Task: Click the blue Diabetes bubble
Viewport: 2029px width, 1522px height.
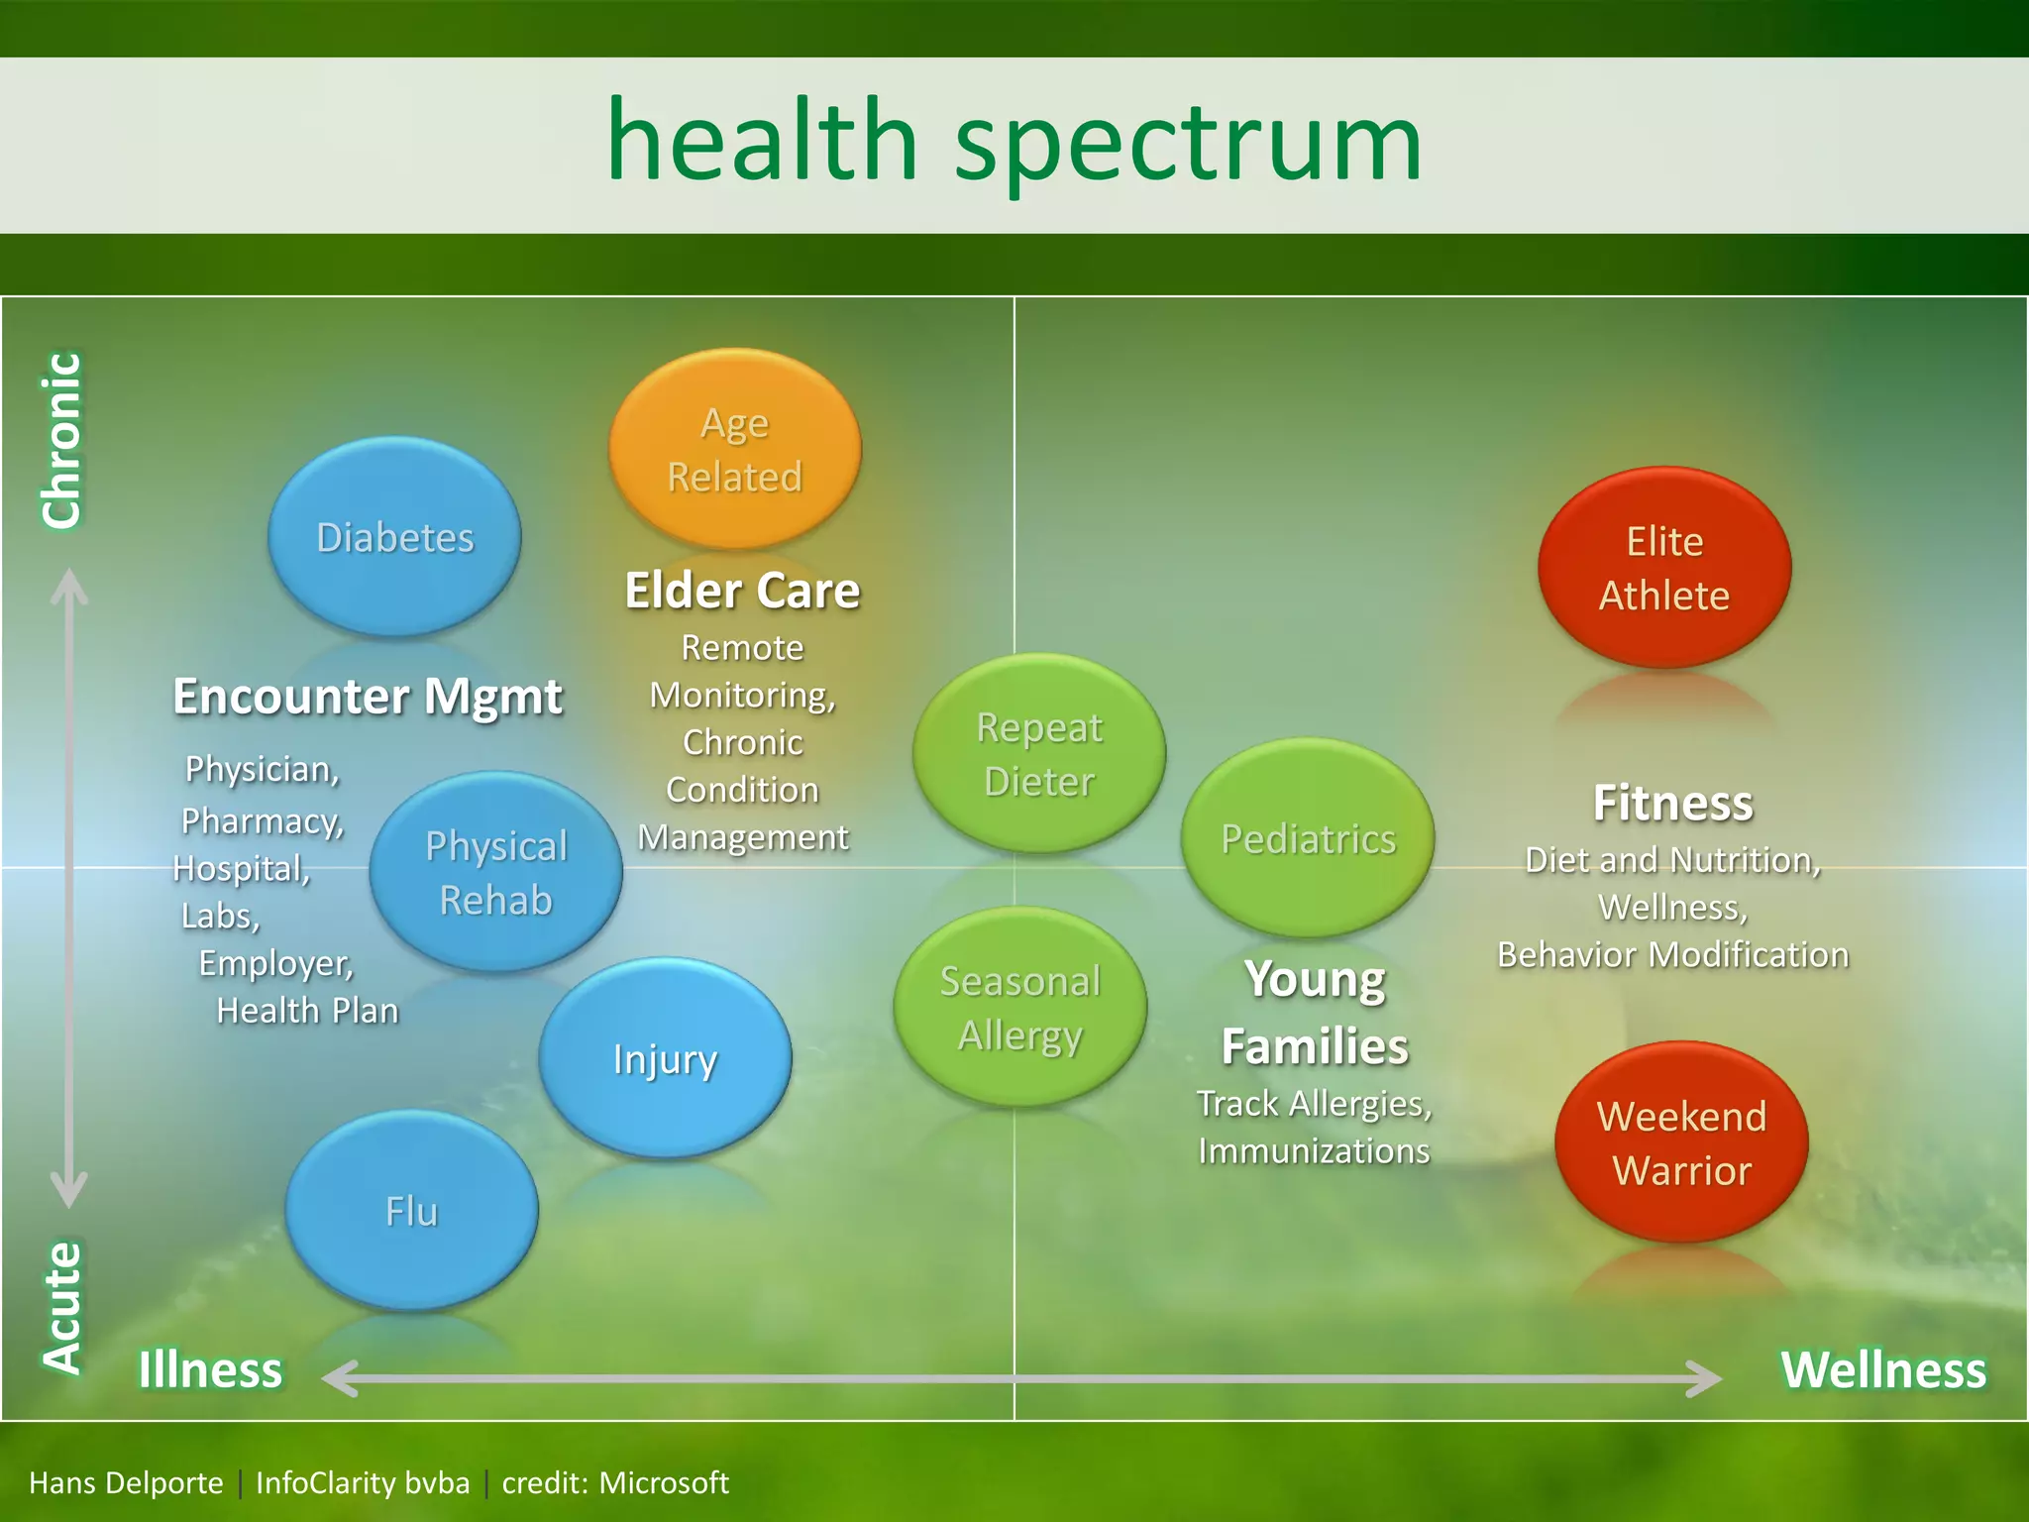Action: pyautogui.click(x=394, y=536)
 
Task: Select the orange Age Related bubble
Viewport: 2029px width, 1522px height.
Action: pyautogui.click(x=734, y=449)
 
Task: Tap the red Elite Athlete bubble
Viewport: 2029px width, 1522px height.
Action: pyautogui.click(x=1664, y=568)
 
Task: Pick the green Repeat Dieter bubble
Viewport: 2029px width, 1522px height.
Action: pyautogui.click(x=1038, y=753)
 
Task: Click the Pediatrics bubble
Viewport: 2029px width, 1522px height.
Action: pyautogui.click(x=1308, y=838)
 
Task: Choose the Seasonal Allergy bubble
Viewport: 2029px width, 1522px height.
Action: pyautogui.click(x=1020, y=1007)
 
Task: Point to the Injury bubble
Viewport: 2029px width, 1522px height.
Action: pyautogui.click(x=665, y=1058)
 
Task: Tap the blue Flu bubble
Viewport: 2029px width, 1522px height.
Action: pyautogui.click(x=411, y=1211)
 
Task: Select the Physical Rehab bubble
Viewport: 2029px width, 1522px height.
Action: pyautogui.click(x=495, y=872)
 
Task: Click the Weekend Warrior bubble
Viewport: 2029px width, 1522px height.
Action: pyautogui.click(x=1681, y=1142)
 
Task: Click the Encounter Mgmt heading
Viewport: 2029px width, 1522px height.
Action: pyautogui.click(x=368, y=696)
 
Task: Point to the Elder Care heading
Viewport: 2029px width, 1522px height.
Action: pyautogui.click(x=742, y=591)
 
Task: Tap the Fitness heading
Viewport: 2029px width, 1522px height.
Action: pyautogui.click(x=1672, y=803)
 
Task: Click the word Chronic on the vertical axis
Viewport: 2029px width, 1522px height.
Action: pyautogui.click(x=61, y=440)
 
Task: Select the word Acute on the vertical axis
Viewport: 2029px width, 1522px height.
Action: pyautogui.click(x=61, y=1307)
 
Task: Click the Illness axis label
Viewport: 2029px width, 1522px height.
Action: pyautogui.click(x=210, y=1369)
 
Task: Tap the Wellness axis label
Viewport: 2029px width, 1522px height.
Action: pyautogui.click(x=1883, y=1369)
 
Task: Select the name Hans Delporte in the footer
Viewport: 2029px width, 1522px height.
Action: pyautogui.click(x=126, y=1482)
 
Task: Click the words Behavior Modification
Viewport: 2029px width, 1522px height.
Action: pyautogui.click(x=1672, y=954)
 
